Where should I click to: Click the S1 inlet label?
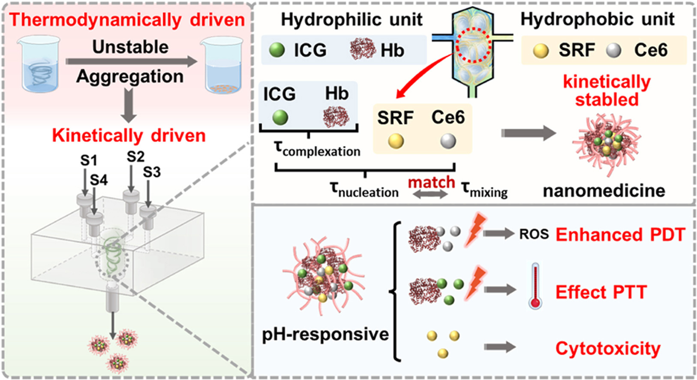click(89, 160)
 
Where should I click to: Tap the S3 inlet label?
click(152, 172)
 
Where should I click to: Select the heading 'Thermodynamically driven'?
click(127, 20)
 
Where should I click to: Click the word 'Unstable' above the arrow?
click(130, 47)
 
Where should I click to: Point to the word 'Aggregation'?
click(130, 76)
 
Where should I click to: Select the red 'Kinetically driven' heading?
click(129, 135)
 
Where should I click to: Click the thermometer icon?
click(535, 287)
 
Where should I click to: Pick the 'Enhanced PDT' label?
click(620, 235)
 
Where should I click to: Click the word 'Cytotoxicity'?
click(608, 348)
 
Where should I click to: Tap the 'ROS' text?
click(534, 234)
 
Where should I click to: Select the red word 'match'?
click(431, 182)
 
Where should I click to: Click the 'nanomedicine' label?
click(604, 190)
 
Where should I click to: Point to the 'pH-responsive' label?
click(325, 334)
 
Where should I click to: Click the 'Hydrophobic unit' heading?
click(597, 19)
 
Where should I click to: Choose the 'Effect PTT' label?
click(601, 292)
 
